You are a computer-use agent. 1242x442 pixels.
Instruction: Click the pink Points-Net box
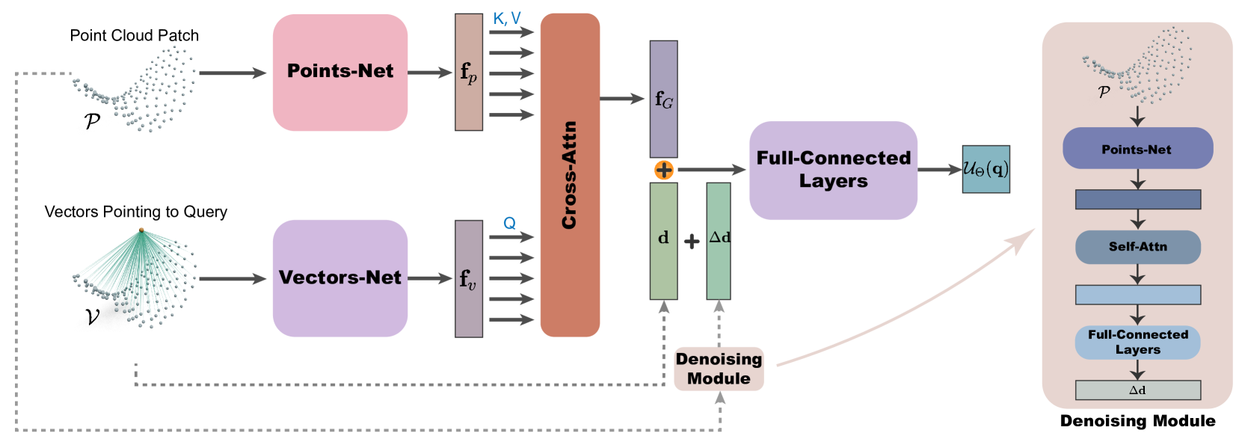coord(340,73)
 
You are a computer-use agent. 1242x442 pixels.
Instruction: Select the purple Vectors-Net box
coord(340,277)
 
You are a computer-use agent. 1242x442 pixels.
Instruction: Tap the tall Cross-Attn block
coord(570,175)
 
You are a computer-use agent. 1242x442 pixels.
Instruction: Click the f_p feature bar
coord(469,73)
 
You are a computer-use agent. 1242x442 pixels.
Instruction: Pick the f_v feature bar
coord(469,278)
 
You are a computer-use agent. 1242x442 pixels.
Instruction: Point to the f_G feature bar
coord(663,99)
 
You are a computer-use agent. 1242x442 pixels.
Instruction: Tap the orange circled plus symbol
coord(664,171)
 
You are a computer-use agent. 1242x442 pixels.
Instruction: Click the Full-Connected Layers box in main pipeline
coord(833,171)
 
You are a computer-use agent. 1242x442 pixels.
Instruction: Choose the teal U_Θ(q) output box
coord(986,169)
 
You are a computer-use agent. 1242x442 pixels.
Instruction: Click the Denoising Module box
coord(719,368)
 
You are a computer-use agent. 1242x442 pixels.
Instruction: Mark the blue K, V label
coord(507,19)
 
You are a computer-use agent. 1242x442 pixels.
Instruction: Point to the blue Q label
coord(509,223)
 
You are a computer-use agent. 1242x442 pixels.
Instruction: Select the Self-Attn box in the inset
coord(1137,247)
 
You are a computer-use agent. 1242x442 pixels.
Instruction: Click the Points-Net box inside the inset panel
coord(1137,148)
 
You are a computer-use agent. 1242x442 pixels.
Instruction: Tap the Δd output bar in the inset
coord(1137,390)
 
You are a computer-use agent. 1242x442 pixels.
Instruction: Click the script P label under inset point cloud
coord(1104,92)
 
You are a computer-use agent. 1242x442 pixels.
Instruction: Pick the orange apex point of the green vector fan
coord(141,230)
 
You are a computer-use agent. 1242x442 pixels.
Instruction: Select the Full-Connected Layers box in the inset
coord(1137,342)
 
